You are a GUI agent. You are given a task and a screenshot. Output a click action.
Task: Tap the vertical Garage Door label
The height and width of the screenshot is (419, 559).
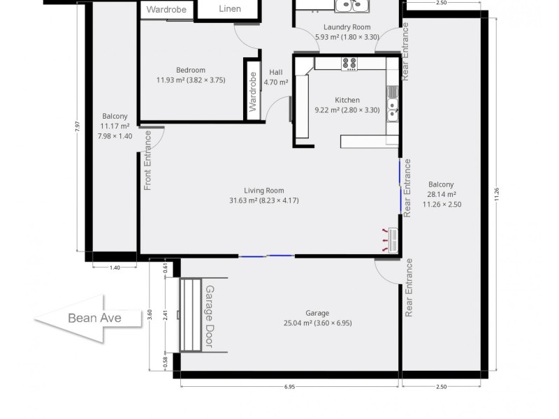pos(209,317)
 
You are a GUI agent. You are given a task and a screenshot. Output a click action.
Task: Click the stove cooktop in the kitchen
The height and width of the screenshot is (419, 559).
pos(349,64)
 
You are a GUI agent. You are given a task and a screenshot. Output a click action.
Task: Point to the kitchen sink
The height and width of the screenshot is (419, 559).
pos(393,110)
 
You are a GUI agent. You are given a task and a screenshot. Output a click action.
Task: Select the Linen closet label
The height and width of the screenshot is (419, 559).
pos(230,9)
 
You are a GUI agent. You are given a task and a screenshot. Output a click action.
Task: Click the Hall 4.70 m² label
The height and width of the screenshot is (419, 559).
pos(275,76)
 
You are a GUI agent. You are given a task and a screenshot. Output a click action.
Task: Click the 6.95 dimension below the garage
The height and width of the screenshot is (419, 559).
pos(290,387)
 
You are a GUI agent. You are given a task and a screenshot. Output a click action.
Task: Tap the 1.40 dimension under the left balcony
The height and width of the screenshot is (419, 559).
pos(115,267)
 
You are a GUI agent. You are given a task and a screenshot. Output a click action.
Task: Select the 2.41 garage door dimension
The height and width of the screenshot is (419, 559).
pos(166,315)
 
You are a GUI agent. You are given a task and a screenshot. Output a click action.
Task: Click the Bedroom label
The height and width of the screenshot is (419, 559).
pos(191,75)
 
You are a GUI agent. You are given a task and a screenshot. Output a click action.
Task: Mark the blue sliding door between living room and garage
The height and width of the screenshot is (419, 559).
pos(267,256)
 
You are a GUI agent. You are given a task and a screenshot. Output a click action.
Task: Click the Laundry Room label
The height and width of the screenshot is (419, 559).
pos(337,32)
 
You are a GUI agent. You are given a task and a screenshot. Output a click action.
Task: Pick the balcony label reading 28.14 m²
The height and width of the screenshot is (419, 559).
pos(442,195)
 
